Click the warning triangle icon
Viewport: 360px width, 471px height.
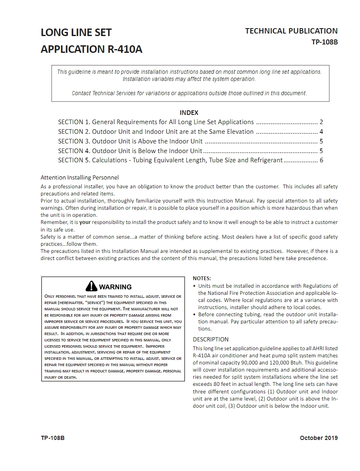pyautogui.click(x=91, y=286)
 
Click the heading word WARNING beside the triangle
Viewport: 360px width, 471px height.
pyautogui.click(x=115, y=287)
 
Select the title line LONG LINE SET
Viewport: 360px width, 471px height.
pyautogui.click(x=76, y=33)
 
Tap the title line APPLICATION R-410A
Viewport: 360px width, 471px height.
pyautogui.click(x=91, y=49)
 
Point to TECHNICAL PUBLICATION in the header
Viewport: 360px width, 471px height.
pyautogui.click(x=291, y=31)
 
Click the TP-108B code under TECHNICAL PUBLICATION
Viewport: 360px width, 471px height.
pyautogui.click(x=324, y=42)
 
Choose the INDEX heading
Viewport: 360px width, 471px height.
pyautogui.click(x=189, y=113)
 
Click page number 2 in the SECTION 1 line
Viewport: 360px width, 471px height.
pyautogui.click(x=321, y=122)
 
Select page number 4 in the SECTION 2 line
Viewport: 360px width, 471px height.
pyautogui.click(x=321, y=132)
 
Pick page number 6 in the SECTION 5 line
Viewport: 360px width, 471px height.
pyautogui.click(x=321, y=160)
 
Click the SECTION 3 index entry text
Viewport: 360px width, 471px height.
pyautogui.click(x=130, y=141)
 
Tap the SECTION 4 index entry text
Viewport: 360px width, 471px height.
pyautogui.click(x=130, y=151)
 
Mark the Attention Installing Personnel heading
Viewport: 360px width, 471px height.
pyautogui.click(x=80, y=177)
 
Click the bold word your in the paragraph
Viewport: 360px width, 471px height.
pyautogui.click(x=85, y=222)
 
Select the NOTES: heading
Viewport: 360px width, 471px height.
pyautogui.click(x=202, y=278)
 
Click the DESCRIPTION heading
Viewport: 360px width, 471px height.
pyautogui.click(x=211, y=339)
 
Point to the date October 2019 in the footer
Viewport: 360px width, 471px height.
pyautogui.click(x=319, y=438)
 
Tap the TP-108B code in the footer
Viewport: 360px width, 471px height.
pyautogui.click(x=53, y=438)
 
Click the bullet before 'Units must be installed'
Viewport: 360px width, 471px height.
pyautogui.click(x=194, y=286)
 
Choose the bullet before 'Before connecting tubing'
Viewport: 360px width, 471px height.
pyautogui.click(x=194, y=315)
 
